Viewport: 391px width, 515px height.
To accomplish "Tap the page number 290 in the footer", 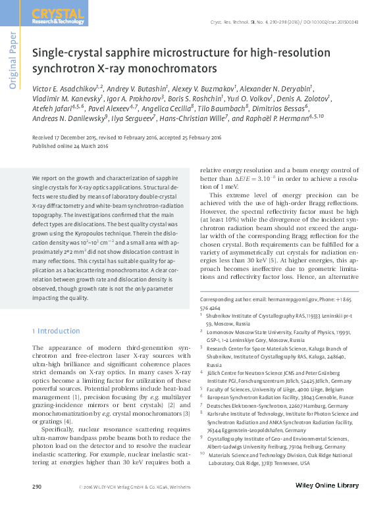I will (38, 504).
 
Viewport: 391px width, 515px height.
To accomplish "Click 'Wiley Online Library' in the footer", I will (325, 504).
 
